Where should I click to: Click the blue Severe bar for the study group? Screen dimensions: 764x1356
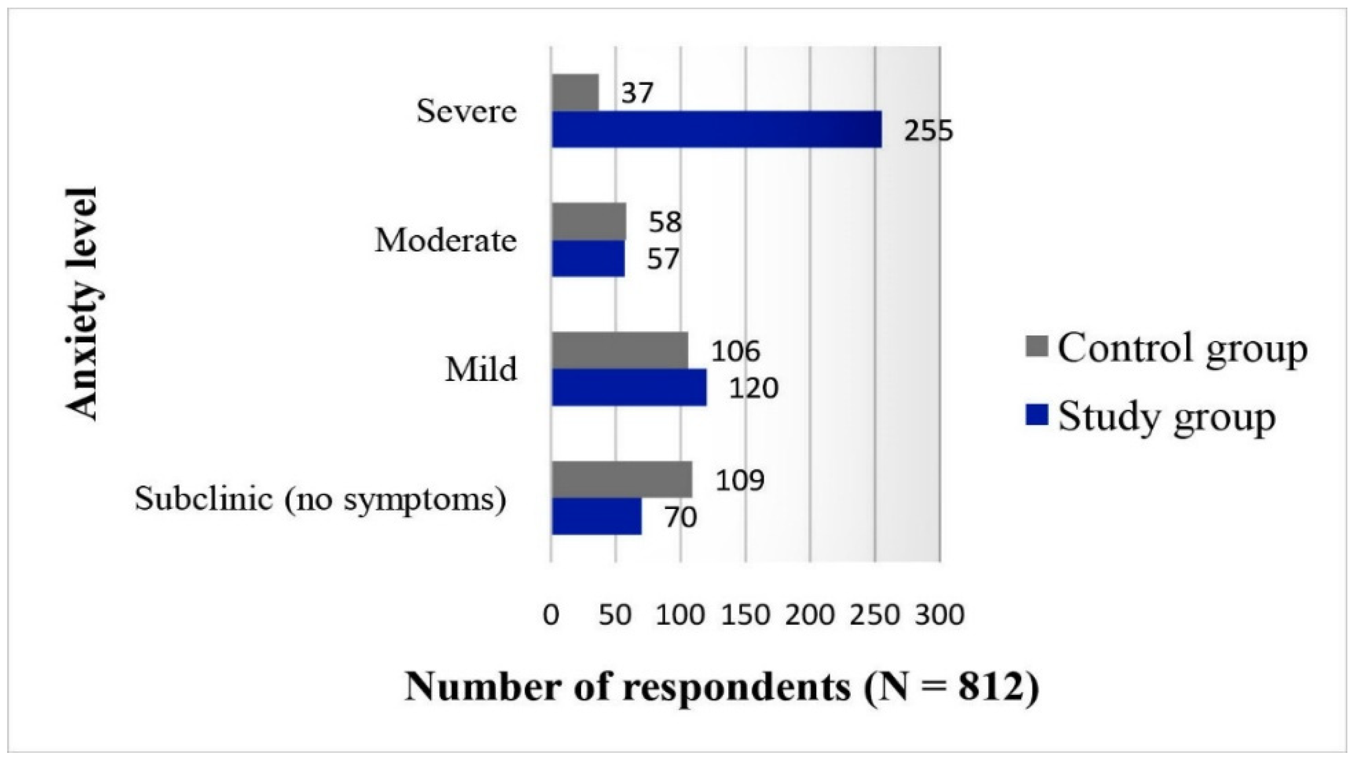click(716, 129)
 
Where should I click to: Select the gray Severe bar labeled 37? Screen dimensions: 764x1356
click(575, 92)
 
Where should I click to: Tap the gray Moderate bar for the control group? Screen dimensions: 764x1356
click(589, 221)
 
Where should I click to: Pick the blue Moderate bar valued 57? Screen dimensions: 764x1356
click(588, 259)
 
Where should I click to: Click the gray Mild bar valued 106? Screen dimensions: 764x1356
click(620, 351)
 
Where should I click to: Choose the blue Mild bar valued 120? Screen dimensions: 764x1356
click(629, 388)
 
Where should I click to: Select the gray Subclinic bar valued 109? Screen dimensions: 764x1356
click(622, 480)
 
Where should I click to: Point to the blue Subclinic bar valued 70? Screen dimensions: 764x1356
click(596, 517)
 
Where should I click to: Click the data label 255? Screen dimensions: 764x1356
click(928, 132)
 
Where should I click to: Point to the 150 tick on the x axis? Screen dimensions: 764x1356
click(746, 615)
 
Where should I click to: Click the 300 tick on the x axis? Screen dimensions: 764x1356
click(940, 615)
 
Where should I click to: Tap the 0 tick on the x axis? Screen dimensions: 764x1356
click(551, 615)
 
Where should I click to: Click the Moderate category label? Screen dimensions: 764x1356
click(445, 241)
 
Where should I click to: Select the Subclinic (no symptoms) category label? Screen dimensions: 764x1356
click(320, 499)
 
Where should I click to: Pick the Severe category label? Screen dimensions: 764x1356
click(466, 112)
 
